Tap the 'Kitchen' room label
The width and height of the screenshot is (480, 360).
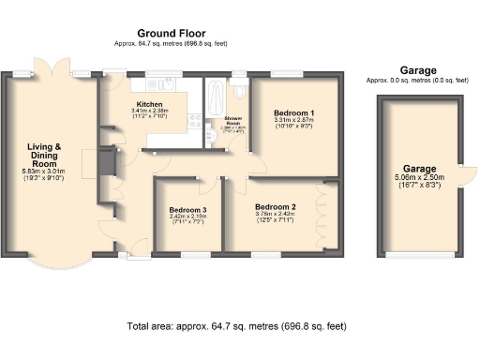pyautogui.click(x=151, y=103)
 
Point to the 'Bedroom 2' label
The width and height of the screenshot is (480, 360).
pyautogui.click(x=277, y=206)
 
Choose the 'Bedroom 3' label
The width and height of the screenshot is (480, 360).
pyautogui.click(x=187, y=210)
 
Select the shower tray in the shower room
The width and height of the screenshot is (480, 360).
pyautogui.click(x=216, y=97)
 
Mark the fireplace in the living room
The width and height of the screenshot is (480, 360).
pyautogui.click(x=109, y=163)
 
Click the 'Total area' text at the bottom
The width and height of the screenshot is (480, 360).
pyautogui.click(x=235, y=326)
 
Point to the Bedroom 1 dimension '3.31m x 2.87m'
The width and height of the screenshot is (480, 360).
pyautogui.click(x=293, y=120)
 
